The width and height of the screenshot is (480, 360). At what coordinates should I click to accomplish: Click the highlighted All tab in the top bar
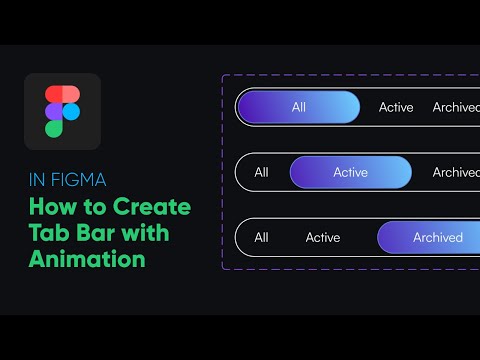coord(298,107)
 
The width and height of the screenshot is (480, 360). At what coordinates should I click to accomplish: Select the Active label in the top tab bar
coord(396,107)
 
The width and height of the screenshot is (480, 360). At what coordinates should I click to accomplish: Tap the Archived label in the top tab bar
coord(456,107)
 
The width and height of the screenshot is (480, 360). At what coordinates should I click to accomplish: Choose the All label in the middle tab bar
coord(261,172)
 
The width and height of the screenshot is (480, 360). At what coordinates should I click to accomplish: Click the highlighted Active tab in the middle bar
coord(350,172)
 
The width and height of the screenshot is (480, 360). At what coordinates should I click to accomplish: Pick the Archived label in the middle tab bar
coord(456,172)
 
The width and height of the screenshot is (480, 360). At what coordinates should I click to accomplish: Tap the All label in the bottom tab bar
coord(261,237)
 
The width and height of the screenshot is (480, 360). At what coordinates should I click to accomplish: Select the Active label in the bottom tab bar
coord(323,237)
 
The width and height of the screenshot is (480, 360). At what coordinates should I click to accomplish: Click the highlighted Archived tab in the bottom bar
coord(437,237)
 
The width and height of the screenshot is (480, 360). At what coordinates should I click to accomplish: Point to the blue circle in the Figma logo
coord(71,111)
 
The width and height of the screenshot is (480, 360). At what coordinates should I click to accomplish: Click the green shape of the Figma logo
coord(54,128)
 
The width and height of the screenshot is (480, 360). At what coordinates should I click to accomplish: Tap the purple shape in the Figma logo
coord(54,111)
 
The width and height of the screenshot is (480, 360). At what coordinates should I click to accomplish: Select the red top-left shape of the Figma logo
coord(54,94)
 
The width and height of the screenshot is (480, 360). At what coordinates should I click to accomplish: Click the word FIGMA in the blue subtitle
coord(83,181)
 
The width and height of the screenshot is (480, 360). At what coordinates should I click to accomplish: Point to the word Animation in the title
coord(86,259)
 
